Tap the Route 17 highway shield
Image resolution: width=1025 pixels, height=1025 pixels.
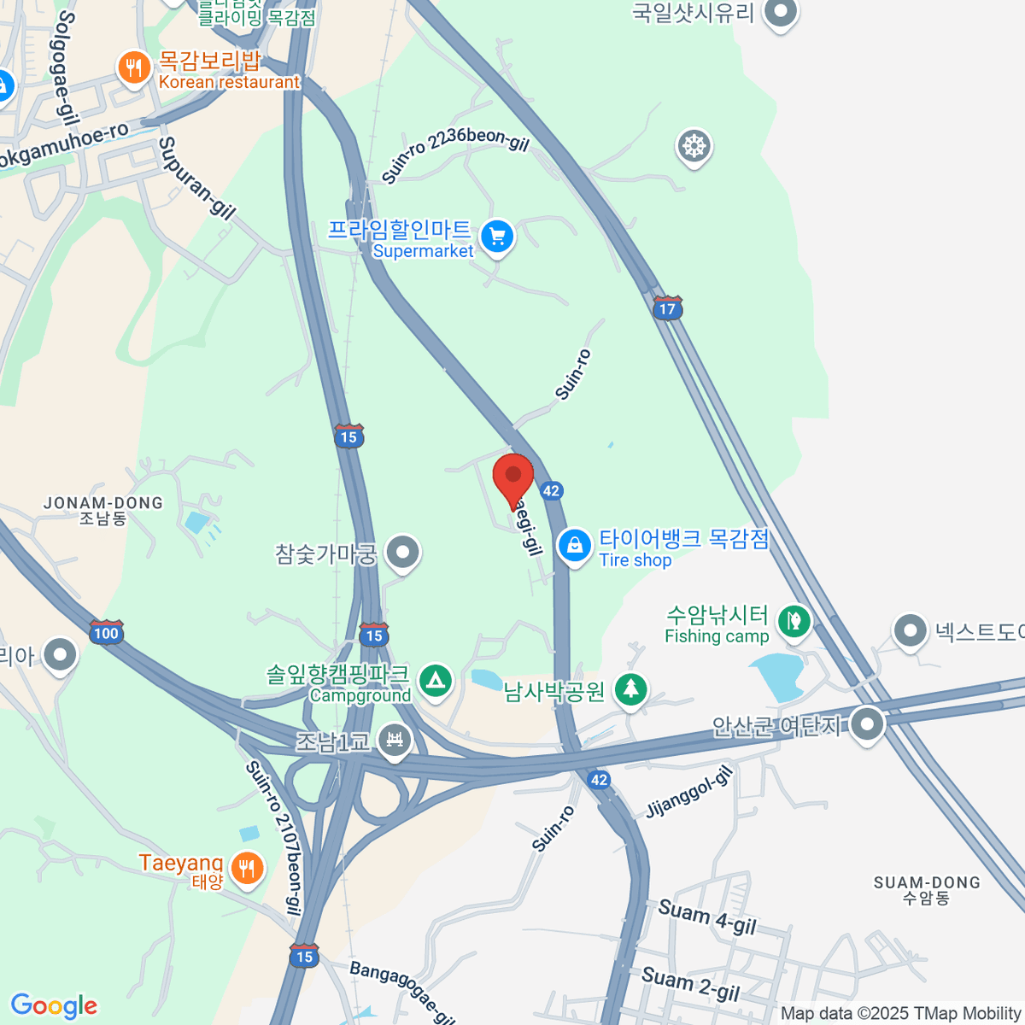click(x=667, y=308)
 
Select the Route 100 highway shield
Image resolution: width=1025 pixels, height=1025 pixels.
click(x=106, y=632)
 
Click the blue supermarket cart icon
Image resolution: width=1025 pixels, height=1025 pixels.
click(x=497, y=237)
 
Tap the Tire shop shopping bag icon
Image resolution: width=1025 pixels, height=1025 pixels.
click(x=575, y=545)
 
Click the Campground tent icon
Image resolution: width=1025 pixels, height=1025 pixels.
click(x=436, y=682)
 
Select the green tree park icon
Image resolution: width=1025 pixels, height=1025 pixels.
click(x=630, y=688)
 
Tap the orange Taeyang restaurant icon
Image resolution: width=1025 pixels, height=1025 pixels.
click(x=247, y=869)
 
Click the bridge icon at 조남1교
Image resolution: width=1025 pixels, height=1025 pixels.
click(x=394, y=739)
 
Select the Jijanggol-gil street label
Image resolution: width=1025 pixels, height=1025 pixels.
click(x=689, y=792)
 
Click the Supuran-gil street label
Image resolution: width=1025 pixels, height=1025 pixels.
click(x=196, y=179)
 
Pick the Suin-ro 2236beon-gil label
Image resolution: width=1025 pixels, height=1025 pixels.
click(x=455, y=155)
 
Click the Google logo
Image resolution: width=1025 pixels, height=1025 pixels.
click(x=54, y=1006)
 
